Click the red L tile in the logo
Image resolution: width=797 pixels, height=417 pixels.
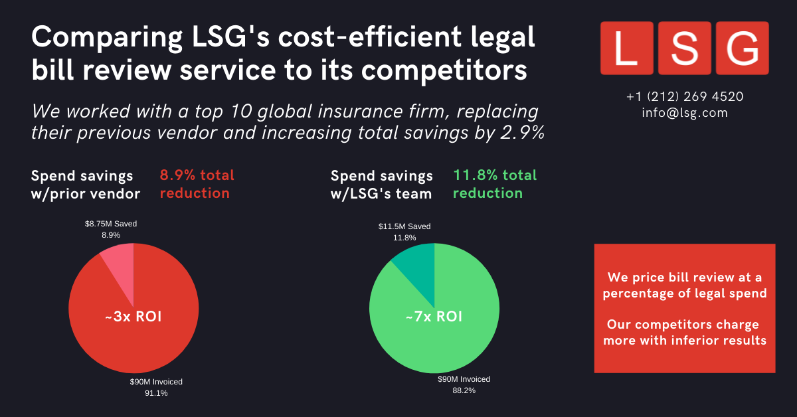click(626, 48)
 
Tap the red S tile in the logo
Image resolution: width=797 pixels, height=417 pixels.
click(684, 48)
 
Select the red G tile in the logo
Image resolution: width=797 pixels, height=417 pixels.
click(742, 48)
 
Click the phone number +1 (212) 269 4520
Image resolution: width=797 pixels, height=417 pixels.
click(685, 96)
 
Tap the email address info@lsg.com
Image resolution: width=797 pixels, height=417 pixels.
click(685, 113)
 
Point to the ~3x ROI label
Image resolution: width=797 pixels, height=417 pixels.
click(133, 317)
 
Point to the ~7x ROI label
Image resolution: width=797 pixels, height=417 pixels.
click(434, 317)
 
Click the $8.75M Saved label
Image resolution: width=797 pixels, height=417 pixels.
click(110, 224)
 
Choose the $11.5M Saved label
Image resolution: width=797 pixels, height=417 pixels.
click(404, 226)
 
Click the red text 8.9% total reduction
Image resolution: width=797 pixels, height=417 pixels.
click(197, 185)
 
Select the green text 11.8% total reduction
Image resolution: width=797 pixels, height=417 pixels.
click(494, 185)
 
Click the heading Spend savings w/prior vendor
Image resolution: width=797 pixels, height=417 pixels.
click(85, 185)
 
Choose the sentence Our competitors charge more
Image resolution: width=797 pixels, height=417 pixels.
click(684, 332)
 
